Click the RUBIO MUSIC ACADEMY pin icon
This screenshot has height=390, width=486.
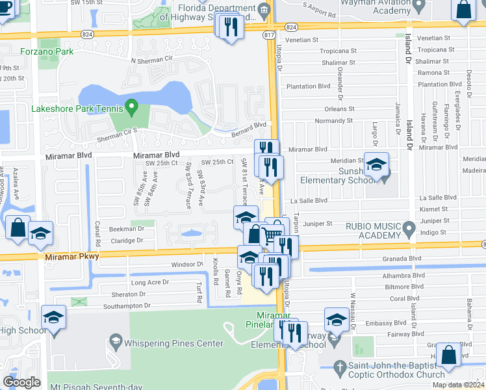pos(409,229)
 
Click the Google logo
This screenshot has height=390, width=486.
pos(22,382)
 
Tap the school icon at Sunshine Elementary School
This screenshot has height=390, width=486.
pos(376,166)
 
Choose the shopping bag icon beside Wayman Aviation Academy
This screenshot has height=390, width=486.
pos(464,11)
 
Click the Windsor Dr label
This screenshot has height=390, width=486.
pos(187,265)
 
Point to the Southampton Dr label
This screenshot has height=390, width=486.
pos(131,305)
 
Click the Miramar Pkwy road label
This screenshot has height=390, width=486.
pos(72,257)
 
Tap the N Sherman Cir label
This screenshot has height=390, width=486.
pos(154,60)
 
